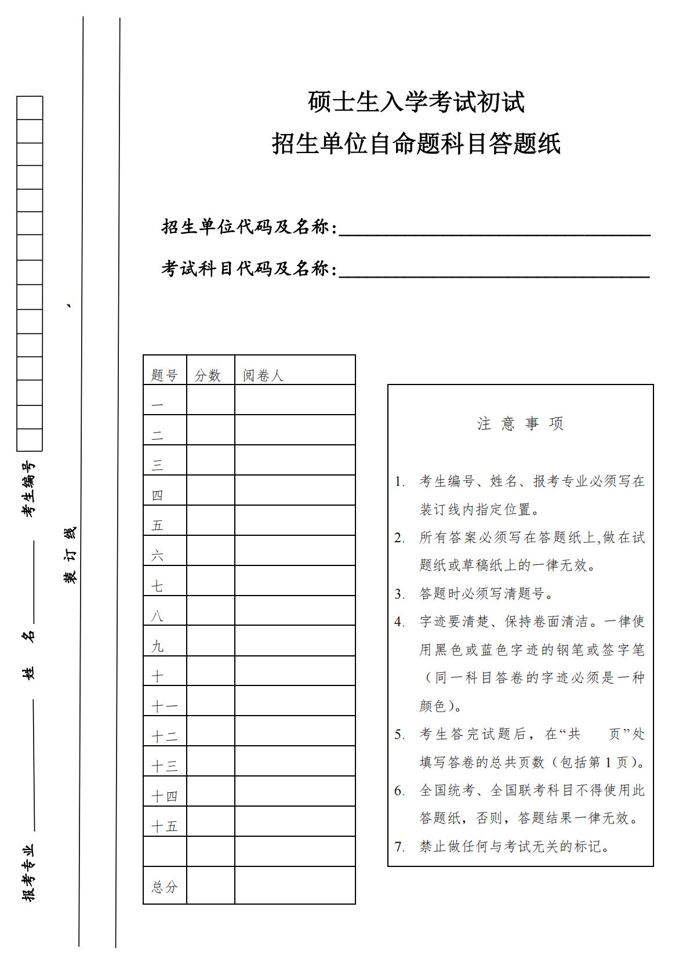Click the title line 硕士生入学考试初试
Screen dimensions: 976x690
click(416, 103)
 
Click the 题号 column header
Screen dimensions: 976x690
click(164, 375)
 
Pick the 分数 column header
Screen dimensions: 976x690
click(208, 375)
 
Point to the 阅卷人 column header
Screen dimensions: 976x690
click(263, 375)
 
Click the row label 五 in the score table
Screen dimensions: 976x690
click(158, 525)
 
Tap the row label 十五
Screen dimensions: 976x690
click(164, 826)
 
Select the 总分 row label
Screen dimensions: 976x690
click(164, 887)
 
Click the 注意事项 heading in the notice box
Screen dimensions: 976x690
click(520, 424)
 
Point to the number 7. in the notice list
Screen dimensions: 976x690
click(400, 847)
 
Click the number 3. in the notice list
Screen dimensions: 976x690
click(400, 594)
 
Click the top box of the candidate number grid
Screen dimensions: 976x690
click(30, 108)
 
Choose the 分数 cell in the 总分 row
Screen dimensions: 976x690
click(210, 885)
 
